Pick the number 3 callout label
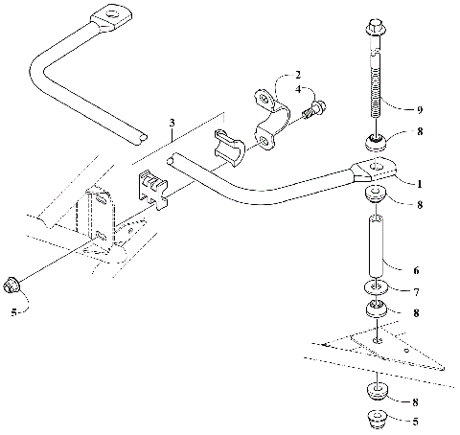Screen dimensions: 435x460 click(x=172, y=123)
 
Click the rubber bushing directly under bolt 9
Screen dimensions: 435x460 click(x=376, y=145)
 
